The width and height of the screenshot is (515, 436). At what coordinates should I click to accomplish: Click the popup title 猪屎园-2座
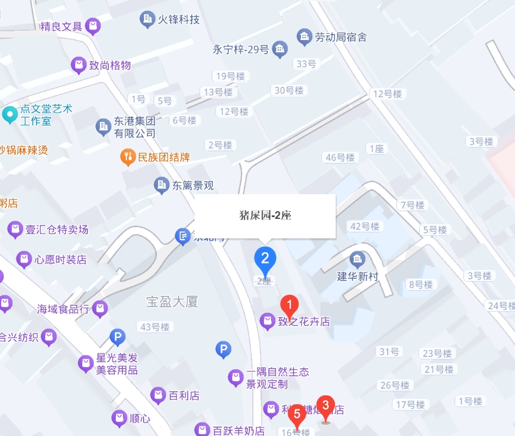(x=265, y=215)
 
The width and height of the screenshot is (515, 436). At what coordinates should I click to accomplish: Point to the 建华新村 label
(x=357, y=276)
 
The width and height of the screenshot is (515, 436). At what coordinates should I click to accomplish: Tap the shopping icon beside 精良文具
(x=92, y=26)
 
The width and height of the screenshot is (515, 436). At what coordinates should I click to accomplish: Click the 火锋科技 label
(x=179, y=19)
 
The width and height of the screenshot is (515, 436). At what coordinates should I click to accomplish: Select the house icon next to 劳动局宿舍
(x=304, y=37)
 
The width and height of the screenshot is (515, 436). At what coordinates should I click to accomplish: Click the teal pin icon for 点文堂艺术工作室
(x=9, y=114)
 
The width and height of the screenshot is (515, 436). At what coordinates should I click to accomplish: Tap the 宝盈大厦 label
(x=172, y=302)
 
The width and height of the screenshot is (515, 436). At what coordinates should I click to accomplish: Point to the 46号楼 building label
(x=340, y=157)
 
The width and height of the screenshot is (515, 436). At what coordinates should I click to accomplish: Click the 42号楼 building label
(x=365, y=227)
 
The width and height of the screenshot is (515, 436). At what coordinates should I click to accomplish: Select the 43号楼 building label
(x=152, y=327)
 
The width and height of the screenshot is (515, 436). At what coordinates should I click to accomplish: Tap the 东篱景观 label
(x=192, y=185)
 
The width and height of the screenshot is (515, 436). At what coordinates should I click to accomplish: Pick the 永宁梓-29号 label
(x=240, y=49)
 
